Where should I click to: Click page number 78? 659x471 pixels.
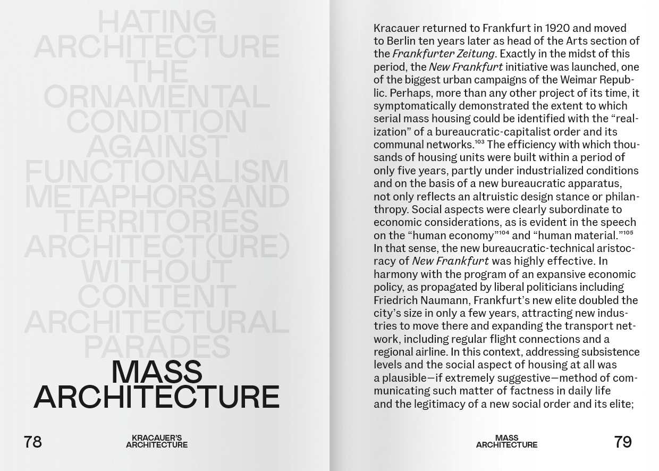click(x=32, y=442)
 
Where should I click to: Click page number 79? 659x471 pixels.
click(x=622, y=442)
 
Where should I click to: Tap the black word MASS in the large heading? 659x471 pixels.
click(x=157, y=372)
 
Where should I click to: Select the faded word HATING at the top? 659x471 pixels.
click(x=157, y=22)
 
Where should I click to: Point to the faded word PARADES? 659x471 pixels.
click(x=157, y=347)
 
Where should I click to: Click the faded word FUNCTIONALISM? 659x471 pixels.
click(x=157, y=172)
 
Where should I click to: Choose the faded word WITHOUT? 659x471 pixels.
click(x=157, y=272)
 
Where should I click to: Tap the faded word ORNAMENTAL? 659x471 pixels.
click(x=157, y=97)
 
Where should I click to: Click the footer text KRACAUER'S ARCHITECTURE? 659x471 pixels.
click(x=157, y=442)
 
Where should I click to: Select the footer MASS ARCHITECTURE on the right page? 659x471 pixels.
click(x=506, y=442)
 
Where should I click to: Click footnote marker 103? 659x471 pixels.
click(x=479, y=142)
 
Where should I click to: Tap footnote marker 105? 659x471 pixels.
click(x=628, y=233)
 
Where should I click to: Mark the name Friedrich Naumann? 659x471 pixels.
click(x=420, y=300)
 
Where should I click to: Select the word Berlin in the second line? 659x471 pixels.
click(x=401, y=41)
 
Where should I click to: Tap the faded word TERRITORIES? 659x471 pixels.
click(x=157, y=222)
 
